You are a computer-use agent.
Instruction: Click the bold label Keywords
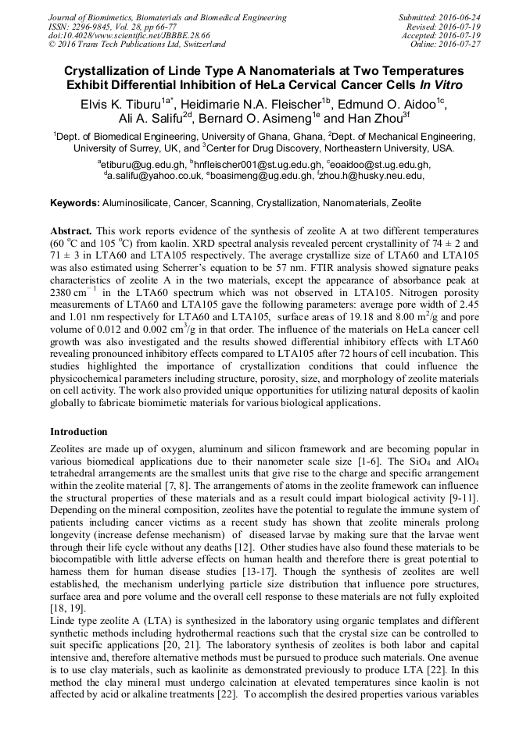[74, 203]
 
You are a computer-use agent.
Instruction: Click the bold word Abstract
[71, 233]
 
